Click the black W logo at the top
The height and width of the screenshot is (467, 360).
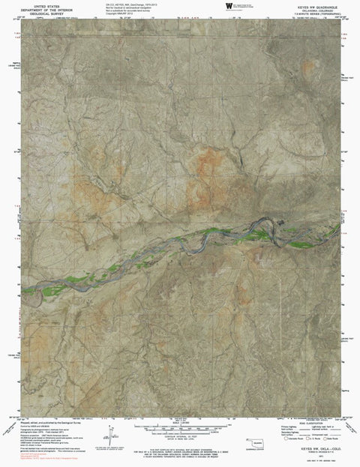(x=229, y=6)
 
